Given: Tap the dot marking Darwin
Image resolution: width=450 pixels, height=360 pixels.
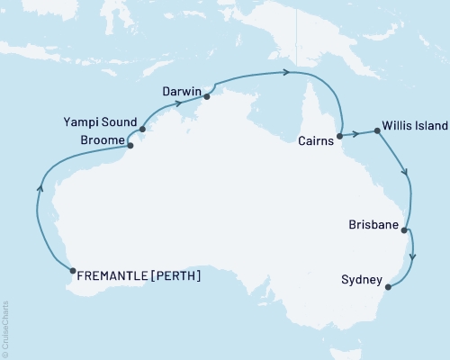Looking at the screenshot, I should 206,94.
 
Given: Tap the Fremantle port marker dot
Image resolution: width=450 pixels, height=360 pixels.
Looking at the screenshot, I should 72,269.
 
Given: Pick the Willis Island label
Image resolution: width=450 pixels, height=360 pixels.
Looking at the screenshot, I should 414,127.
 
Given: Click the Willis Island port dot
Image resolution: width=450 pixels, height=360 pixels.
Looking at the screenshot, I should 374,130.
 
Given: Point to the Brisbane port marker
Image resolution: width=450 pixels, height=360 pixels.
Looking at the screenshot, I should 405,230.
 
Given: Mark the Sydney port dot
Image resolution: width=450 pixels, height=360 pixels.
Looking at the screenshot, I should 388,287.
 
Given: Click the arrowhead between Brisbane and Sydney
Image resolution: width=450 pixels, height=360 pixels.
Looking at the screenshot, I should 413,258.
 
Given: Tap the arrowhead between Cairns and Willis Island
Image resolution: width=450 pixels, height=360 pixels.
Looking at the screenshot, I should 355,134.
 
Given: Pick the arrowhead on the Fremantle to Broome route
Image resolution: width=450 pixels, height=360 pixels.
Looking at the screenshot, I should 39,188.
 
